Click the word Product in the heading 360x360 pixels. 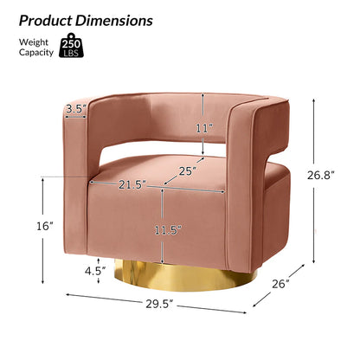pos(46,21)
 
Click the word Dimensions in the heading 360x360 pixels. pos(114,21)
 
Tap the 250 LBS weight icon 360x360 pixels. pos(72,45)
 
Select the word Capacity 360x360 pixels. pos(36,53)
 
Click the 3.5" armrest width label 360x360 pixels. pos(76,109)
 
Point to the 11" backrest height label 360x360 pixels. pos(204,128)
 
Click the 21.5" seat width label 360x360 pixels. pos(132,184)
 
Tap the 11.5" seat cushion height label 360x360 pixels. pos(168,230)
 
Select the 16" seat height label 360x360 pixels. pos(45,226)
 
